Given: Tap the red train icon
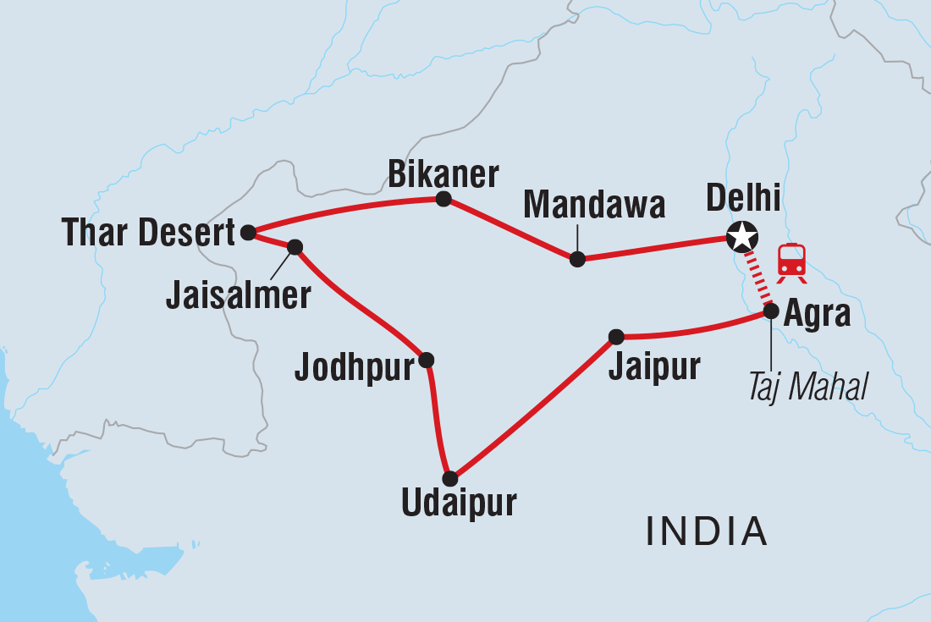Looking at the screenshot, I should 791,260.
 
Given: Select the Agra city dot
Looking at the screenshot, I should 771,311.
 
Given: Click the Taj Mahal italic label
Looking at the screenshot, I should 807,388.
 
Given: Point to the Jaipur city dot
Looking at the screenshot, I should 616,337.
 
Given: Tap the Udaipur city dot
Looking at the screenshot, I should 450,478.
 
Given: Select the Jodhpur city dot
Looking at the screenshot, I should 427,360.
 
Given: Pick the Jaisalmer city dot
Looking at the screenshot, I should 295,247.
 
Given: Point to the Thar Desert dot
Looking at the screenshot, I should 248,232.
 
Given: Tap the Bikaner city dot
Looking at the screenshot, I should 443,200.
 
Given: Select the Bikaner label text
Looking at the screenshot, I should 443,173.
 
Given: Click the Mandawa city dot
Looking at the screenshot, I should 577,259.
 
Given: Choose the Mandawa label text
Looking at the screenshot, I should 594,205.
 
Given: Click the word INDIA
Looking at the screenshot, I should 707,531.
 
